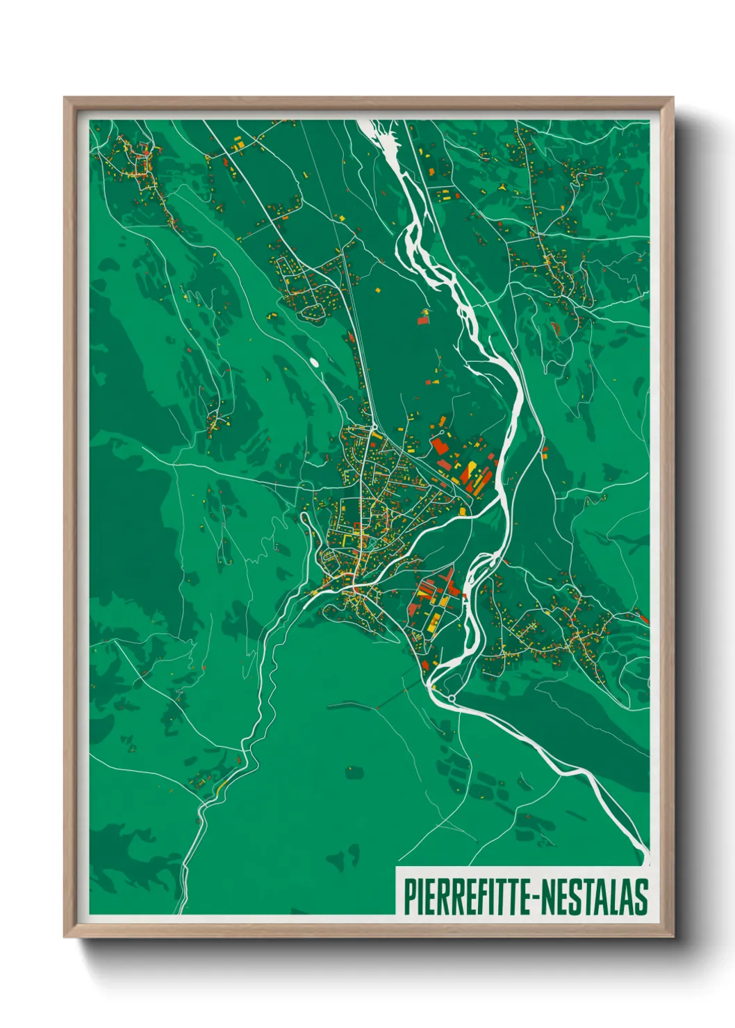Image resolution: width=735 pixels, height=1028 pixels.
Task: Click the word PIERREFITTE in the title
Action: coord(465,897)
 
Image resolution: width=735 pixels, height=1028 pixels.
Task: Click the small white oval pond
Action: coord(315,362)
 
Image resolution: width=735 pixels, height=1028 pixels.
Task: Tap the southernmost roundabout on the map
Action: coord(452,697)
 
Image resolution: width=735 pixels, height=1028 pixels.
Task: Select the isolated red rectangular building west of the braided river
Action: coord(422,320)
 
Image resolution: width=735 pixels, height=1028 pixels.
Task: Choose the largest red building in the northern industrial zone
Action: coord(439,445)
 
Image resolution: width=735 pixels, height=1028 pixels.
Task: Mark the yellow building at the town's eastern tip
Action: coord(462,511)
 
